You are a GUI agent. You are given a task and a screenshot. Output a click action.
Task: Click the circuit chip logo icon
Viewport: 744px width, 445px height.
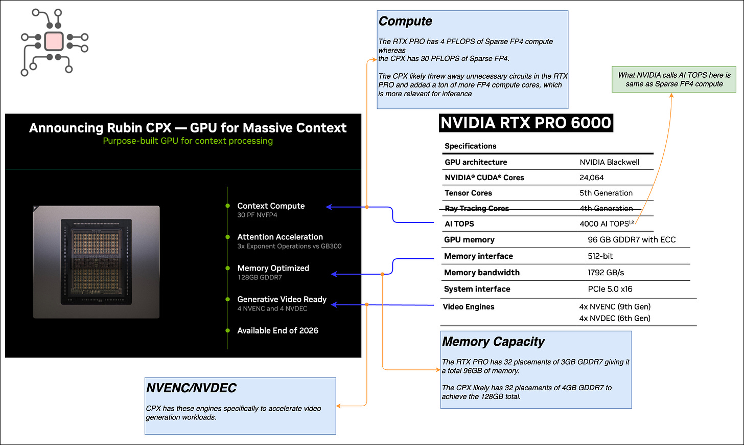[x=54, y=41]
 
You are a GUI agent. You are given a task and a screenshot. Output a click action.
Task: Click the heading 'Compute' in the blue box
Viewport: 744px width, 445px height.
[x=405, y=21]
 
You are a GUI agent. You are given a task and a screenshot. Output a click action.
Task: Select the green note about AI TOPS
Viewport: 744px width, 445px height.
[x=674, y=79]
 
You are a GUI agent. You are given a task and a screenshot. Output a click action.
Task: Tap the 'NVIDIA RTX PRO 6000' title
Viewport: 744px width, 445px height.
[x=526, y=123]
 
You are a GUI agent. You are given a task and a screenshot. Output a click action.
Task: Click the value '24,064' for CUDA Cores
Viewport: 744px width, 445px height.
[x=591, y=177]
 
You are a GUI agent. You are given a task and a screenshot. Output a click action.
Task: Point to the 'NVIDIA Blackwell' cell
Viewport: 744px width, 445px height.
[x=609, y=162]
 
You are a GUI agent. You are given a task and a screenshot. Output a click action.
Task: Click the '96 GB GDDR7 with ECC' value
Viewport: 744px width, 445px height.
[x=631, y=239]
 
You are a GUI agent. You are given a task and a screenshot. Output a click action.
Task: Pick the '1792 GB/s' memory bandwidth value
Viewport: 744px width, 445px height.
[x=606, y=273]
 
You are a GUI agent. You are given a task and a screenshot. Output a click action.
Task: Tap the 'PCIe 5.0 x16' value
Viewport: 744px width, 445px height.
[x=610, y=289]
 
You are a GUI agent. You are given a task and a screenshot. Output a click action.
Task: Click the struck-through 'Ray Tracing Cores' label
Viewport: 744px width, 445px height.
[x=477, y=208]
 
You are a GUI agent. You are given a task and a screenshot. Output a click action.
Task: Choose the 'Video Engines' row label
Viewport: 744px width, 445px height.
[x=469, y=307]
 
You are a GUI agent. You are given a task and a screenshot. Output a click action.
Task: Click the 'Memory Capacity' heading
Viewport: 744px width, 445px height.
[x=493, y=342]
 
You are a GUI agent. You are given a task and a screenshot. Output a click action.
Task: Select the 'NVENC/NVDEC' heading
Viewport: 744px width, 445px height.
[x=191, y=388]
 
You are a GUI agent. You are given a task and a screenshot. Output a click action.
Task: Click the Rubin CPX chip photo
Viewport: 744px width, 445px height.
[x=96, y=262]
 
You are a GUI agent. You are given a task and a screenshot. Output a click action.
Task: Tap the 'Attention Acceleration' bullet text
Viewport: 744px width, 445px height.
[x=280, y=237]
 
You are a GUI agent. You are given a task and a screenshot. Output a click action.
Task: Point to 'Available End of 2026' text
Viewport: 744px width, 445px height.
[x=277, y=330]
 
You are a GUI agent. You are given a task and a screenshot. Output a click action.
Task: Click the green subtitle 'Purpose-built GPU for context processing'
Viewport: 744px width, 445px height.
[x=188, y=141]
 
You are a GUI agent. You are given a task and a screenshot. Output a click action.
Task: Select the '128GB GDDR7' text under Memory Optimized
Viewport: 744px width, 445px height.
[x=260, y=277]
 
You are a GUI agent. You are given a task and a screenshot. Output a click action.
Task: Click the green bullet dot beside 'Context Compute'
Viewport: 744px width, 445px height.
[x=228, y=206]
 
